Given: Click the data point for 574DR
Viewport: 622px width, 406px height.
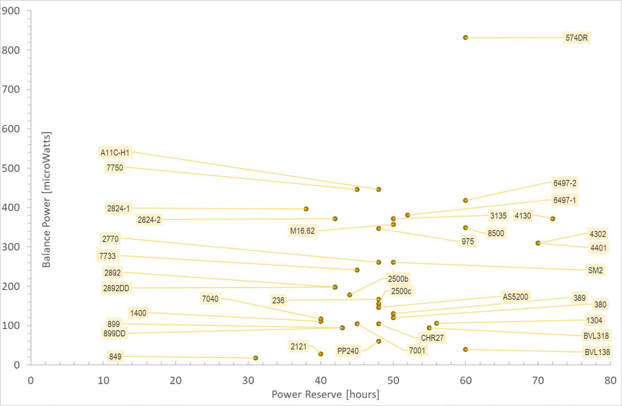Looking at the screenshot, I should click(x=465, y=38).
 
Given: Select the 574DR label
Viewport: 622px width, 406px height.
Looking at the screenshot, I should click(x=577, y=38).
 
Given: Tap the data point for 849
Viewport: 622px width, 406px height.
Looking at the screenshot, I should click(x=256, y=358).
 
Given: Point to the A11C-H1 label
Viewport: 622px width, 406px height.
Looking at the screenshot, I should click(x=115, y=153).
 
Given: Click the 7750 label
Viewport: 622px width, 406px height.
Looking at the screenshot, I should click(x=115, y=168).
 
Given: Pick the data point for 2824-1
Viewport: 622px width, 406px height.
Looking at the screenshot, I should click(x=306, y=209).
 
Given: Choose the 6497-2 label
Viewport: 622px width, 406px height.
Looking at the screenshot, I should click(x=564, y=183).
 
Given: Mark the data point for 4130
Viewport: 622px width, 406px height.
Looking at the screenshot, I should click(x=552, y=219).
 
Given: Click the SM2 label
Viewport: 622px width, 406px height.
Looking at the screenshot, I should click(x=595, y=270).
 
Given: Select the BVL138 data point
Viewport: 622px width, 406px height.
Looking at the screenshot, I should click(x=465, y=349).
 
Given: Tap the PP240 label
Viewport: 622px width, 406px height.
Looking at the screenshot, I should click(x=348, y=351).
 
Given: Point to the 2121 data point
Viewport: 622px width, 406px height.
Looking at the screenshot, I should click(x=321, y=354).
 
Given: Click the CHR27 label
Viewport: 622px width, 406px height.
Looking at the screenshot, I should click(x=432, y=338).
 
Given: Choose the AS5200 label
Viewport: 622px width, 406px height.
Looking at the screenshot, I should click(x=515, y=297).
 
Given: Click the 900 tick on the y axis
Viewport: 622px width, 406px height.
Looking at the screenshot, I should click(x=11, y=11).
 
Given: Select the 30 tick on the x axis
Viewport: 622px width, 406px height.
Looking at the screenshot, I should click(x=248, y=380).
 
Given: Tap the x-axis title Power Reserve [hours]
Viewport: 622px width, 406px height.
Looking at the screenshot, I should click(x=325, y=394).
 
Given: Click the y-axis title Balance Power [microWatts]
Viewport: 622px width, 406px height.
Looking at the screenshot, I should click(x=47, y=200).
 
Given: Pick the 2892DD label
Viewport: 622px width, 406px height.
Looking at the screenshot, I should click(x=116, y=288).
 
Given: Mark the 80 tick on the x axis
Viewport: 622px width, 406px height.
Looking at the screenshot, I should click(x=610, y=380).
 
